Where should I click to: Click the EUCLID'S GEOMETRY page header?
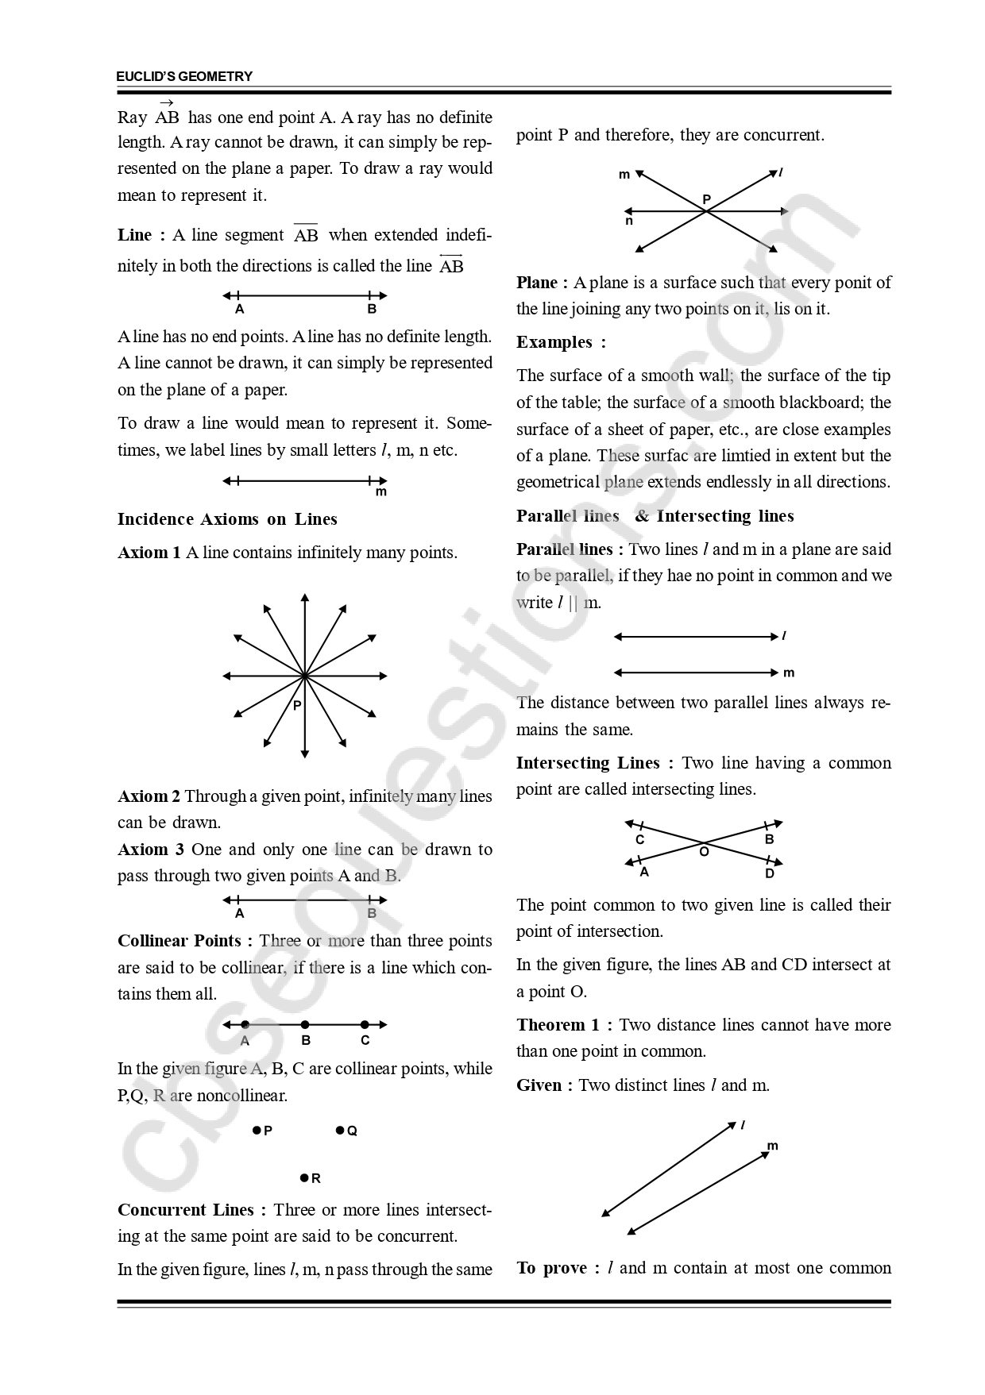point(184,76)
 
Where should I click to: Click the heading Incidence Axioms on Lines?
point(227,519)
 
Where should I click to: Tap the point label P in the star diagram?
point(297,705)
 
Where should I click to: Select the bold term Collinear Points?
point(180,941)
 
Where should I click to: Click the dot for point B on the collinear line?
point(305,1025)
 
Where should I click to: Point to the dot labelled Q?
point(340,1130)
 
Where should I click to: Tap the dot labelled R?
point(304,1178)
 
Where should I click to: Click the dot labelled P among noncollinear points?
point(257,1130)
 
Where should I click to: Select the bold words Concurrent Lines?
point(186,1210)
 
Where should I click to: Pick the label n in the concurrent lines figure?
point(629,222)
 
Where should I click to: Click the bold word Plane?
point(537,283)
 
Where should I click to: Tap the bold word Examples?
point(554,342)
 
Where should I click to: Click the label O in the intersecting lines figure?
point(704,851)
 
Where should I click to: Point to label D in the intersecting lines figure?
point(769,873)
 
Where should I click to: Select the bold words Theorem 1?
point(558,1025)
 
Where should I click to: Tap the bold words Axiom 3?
point(151,850)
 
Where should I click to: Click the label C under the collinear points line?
point(365,1041)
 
